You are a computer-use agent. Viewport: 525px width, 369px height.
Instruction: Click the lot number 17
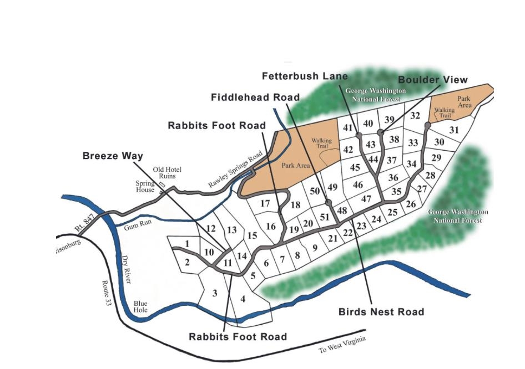pyautogui.click(x=265, y=203)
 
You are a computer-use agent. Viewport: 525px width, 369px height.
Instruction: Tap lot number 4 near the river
pyautogui.click(x=242, y=299)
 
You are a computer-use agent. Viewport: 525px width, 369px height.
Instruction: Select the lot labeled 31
pyautogui.click(x=454, y=130)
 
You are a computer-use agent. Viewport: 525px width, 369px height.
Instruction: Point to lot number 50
pyautogui.click(x=315, y=191)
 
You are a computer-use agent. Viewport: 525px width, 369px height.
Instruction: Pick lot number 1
pyautogui.click(x=188, y=243)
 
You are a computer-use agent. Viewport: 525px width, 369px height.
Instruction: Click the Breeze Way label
pyautogui.click(x=113, y=156)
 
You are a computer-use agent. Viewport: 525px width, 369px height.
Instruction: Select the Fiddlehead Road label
pyautogui.click(x=255, y=98)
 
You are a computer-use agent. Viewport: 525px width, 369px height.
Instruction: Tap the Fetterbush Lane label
pyautogui.click(x=305, y=76)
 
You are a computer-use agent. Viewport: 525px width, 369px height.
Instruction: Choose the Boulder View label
pyautogui.click(x=440, y=80)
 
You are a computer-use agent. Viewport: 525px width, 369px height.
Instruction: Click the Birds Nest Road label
pyautogui.click(x=381, y=312)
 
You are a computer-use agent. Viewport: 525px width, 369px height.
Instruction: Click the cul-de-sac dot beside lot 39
pyautogui.click(x=380, y=132)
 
